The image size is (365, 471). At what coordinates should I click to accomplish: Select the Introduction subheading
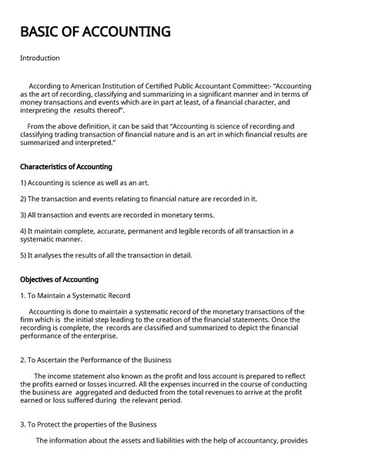tap(40, 58)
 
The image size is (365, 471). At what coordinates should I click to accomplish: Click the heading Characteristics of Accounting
tap(66, 167)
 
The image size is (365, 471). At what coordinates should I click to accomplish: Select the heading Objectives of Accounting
tap(59, 280)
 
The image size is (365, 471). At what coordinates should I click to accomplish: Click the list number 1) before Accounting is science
tap(24, 183)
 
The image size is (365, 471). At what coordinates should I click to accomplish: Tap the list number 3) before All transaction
tap(24, 215)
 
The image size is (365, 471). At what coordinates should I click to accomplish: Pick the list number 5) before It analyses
tap(24, 255)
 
